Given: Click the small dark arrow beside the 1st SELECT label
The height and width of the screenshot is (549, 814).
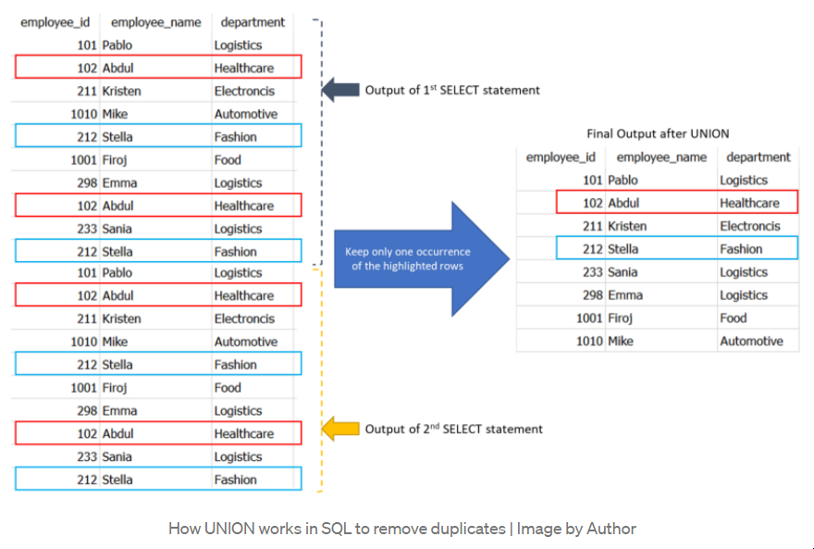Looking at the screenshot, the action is [340, 90].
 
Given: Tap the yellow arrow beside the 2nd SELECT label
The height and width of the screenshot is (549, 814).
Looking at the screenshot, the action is [340, 429].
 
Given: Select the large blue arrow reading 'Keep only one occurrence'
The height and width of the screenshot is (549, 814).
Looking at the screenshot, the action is [422, 258].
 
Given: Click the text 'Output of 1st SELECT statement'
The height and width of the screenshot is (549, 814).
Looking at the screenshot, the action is [452, 90].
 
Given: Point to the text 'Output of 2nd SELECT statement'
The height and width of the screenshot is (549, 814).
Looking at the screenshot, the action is [454, 429].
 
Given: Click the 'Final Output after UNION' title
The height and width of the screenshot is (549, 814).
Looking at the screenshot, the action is [658, 133].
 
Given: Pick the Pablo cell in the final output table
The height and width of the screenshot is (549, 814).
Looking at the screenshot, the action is [623, 181].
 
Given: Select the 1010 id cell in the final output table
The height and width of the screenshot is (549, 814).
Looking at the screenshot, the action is [589, 342].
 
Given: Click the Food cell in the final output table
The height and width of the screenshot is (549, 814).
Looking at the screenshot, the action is [733, 318].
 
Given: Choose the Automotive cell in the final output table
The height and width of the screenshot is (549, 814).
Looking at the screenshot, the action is [751, 342].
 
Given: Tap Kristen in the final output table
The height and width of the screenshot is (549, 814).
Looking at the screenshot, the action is [627, 226].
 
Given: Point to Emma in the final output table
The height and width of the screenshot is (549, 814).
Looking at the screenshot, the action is [625, 295].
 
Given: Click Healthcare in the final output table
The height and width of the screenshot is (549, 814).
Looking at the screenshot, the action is [749, 203].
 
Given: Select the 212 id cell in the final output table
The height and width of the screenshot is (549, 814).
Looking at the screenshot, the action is [592, 249].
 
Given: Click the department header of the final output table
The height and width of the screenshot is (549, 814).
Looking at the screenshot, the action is [758, 157].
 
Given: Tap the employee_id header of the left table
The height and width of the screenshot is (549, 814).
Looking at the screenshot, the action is [55, 22].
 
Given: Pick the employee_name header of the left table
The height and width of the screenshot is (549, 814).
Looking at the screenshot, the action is [155, 22].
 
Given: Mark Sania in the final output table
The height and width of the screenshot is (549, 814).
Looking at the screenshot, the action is [623, 272].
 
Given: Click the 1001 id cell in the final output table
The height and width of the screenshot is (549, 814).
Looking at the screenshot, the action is [589, 318].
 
